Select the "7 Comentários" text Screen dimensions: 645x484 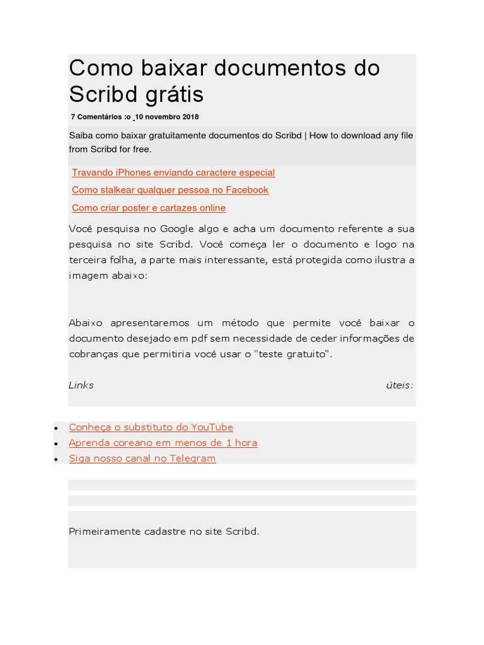point(97,117)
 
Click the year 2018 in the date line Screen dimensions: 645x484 point(190,117)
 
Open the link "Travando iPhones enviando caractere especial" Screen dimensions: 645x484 point(173,173)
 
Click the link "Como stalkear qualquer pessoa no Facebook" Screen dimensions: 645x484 point(170,190)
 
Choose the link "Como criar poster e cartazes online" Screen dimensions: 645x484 point(149,208)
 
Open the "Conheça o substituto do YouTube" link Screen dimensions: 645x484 point(151,427)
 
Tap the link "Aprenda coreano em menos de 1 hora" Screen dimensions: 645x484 point(163,443)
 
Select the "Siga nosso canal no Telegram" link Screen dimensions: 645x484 point(142,459)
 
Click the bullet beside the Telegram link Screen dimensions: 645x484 point(57,460)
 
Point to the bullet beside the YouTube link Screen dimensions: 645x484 point(57,428)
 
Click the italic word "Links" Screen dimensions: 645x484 point(81,385)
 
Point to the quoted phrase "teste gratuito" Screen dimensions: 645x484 point(292,354)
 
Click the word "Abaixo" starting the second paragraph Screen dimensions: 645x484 point(86,323)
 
